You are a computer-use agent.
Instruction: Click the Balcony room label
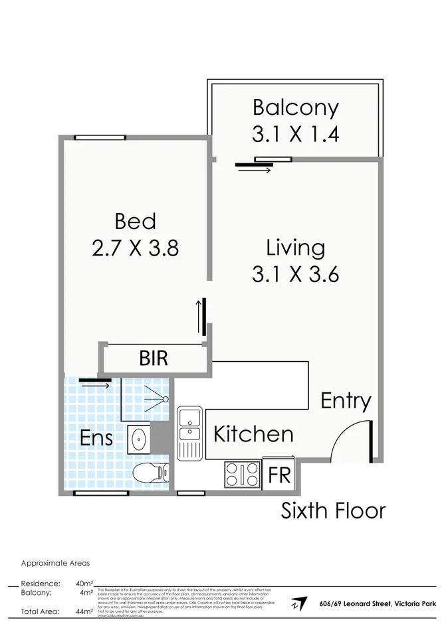click(295, 107)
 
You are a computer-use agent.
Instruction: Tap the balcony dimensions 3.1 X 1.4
click(295, 134)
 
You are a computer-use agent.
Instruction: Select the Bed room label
click(135, 220)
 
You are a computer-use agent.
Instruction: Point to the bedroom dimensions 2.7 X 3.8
click(135, 248)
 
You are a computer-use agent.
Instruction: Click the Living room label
click(295, 248)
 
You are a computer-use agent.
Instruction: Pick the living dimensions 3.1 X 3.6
click(295, 274)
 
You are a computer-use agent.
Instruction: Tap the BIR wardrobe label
click(154, 358)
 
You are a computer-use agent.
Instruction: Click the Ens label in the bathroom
click(96, 438)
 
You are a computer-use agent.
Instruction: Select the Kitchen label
click(253, 434)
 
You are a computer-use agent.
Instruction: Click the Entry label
click(346, 400)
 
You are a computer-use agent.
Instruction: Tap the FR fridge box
click(278, 476)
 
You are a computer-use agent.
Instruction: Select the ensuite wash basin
click(139, 438)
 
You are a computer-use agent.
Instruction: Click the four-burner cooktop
click(242, 474)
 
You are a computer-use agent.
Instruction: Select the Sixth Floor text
click(333, 510)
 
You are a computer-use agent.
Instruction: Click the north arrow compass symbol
click(298, 604)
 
